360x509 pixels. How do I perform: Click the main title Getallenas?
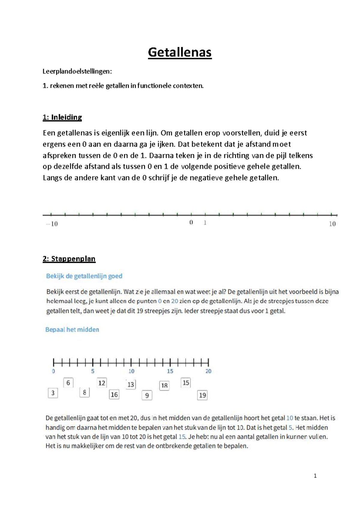pos(180,52)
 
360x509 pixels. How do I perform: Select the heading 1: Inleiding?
pos(62,117)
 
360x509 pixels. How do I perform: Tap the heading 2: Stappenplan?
pos(69,259)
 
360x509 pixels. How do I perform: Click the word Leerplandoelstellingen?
pos(77,71)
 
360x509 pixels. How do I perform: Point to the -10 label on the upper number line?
pos(52,224)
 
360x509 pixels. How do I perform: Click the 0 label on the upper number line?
pos(191,223)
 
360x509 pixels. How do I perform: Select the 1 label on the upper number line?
pos(205,223)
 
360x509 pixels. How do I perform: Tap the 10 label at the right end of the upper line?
pos(332,224)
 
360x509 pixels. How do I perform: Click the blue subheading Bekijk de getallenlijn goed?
pos(84,276)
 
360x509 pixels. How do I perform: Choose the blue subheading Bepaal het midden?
pos(72,330)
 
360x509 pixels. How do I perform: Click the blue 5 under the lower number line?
pos(93,371)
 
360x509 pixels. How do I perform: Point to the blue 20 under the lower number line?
pos(208,371)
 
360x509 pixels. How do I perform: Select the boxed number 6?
pos(68,383)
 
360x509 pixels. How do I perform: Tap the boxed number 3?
pos(53,393)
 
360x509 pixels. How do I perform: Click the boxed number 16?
pos(114,394)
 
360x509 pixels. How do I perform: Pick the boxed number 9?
pos(147,395)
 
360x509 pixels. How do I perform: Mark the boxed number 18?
pos(164,385)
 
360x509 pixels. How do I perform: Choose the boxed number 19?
pos(202,395)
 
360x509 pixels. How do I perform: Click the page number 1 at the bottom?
pos(315,476)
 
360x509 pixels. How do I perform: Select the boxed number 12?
pos(102,383)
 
